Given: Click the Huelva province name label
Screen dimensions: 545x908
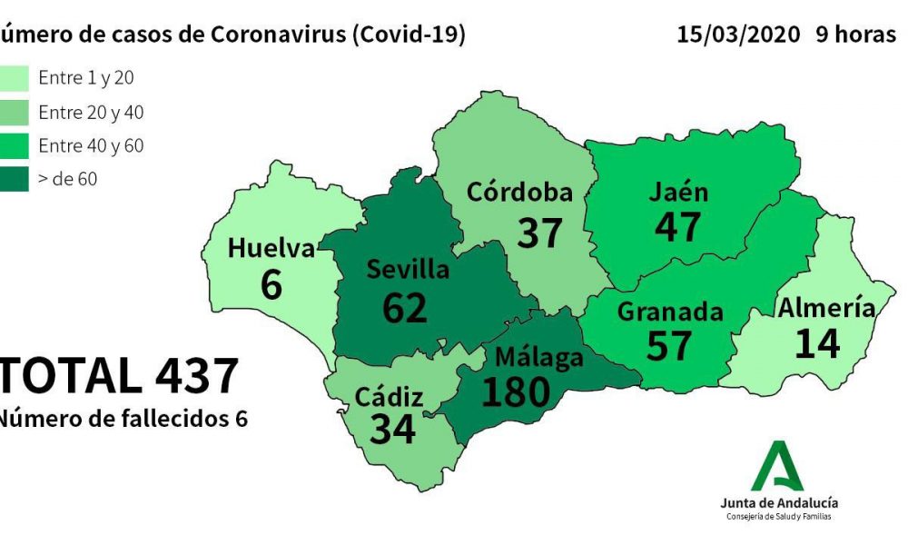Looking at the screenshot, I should [x=271, y=247].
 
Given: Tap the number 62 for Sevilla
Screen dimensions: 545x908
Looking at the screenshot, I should [x=404, y=307].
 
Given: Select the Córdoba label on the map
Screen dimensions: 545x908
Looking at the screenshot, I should [x=519, y=193].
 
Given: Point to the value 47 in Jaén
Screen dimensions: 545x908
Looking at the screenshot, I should [x=678, y=226].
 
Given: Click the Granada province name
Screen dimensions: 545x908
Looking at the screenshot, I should [x=670, y=312].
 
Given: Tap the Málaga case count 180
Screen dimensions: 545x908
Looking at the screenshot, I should [x=516, y=391].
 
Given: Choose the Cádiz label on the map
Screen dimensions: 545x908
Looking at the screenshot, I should [x=389, y=397].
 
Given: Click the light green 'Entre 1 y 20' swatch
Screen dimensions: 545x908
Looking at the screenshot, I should [x=15, y=79].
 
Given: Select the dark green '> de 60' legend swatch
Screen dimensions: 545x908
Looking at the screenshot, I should [x=15, y=179].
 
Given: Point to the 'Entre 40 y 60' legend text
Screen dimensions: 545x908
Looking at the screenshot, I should [x=91, y=145].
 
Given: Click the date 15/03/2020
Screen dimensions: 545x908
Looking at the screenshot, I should [x=738, y=35].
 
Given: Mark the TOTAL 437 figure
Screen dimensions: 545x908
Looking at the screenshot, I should [x=118, y=376].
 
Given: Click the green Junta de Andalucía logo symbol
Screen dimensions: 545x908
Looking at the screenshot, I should [x=778, y=466].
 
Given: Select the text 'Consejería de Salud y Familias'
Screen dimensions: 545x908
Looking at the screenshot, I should [x=778, y=517].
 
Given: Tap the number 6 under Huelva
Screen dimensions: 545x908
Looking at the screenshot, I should [x=271, y=284].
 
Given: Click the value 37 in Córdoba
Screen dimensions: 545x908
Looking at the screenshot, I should [x=540, y=233].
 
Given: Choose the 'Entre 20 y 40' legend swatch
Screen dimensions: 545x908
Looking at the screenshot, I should [x=15, y=113].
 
